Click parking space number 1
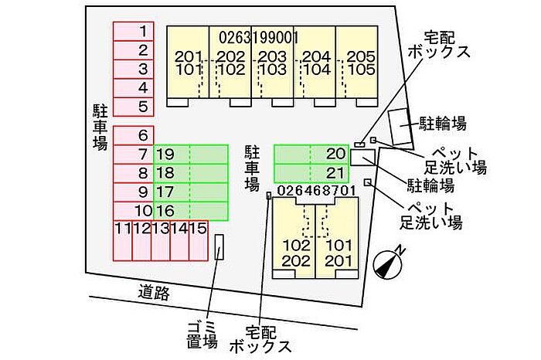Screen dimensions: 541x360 point(134,32)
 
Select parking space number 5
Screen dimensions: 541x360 point(134,107)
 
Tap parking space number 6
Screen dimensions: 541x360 point(134,135)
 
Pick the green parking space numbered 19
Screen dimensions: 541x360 point(190,155)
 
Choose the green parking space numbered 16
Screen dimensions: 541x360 point(190,211)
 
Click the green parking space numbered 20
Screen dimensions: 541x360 point(311,155)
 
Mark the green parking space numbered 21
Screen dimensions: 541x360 point(311,173)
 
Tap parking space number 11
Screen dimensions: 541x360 point(123,241)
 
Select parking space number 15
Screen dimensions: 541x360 point(199,241)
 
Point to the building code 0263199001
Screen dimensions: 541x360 point(258,38)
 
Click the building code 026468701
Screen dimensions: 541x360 point(316,191)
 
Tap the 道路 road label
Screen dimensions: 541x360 point(154,293)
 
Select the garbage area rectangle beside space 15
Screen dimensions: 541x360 point(219,247)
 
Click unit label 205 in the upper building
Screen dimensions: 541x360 point(361,56)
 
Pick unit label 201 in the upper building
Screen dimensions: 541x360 point(189,56)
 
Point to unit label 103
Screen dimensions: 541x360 point(273,70)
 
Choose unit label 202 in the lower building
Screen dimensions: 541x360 point(296,261)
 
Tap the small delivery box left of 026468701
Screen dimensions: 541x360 point(269,195)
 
